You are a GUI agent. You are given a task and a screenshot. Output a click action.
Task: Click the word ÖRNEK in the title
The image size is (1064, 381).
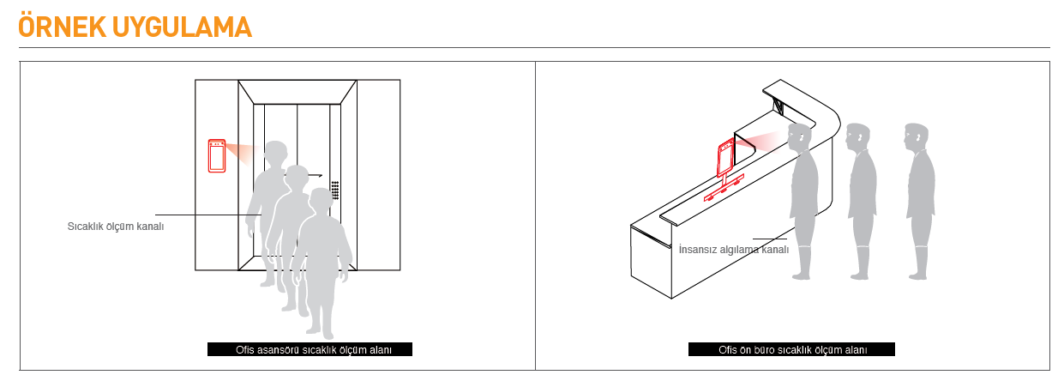pos(62,27)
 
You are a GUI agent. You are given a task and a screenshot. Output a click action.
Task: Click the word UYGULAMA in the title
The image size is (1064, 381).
pos(182,27)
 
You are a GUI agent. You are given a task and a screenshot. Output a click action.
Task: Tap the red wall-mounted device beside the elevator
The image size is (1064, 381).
pos(217,155)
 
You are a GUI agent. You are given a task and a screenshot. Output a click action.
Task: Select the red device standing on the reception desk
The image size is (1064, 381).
pos(724,170)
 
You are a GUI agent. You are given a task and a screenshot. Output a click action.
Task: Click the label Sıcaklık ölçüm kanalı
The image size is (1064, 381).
pos(116,227)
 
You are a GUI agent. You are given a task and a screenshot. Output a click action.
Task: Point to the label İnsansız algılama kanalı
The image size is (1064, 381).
pos(733,250)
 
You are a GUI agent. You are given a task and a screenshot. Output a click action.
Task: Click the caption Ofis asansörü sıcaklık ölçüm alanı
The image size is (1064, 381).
pos(314,350)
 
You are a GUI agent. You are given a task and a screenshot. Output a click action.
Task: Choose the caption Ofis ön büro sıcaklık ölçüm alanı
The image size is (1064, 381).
pos(793,350)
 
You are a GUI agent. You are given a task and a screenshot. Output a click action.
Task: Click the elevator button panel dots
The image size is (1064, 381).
pos(335,190)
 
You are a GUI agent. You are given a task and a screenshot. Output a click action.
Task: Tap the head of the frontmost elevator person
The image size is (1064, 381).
pos(320,200)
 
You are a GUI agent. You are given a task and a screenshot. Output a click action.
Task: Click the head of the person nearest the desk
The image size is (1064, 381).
pos(800,137)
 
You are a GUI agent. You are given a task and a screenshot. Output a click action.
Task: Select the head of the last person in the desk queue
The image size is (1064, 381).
pos(917,136)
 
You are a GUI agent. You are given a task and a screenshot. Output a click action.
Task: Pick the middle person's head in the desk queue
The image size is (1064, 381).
pos(858,137)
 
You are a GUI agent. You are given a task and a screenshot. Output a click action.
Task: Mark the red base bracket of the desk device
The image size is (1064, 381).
pos(724,189)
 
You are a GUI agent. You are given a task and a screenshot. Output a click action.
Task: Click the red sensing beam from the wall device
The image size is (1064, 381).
pos(240,152)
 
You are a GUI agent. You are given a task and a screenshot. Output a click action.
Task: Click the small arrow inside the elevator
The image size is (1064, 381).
pos(315,176)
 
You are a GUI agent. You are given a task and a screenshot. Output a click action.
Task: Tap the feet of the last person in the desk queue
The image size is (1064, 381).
pos(917,275)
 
